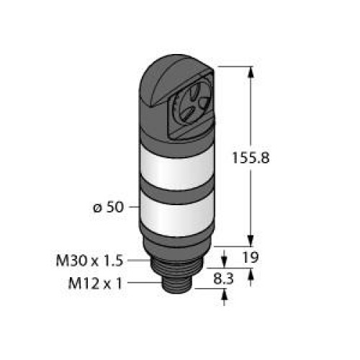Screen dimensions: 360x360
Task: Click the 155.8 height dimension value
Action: click(251, 158)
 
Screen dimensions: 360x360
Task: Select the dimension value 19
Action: click(251, 257)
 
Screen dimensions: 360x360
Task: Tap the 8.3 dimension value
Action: click(223, 279)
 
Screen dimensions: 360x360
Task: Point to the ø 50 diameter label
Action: click(108, 207)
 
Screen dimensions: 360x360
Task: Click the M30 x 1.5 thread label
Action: click(89, 261)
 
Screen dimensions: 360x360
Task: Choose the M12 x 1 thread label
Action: click(95, 283)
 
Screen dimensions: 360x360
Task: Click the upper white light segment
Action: click(177, 168)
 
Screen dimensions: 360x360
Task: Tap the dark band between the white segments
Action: click(177, 192)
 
